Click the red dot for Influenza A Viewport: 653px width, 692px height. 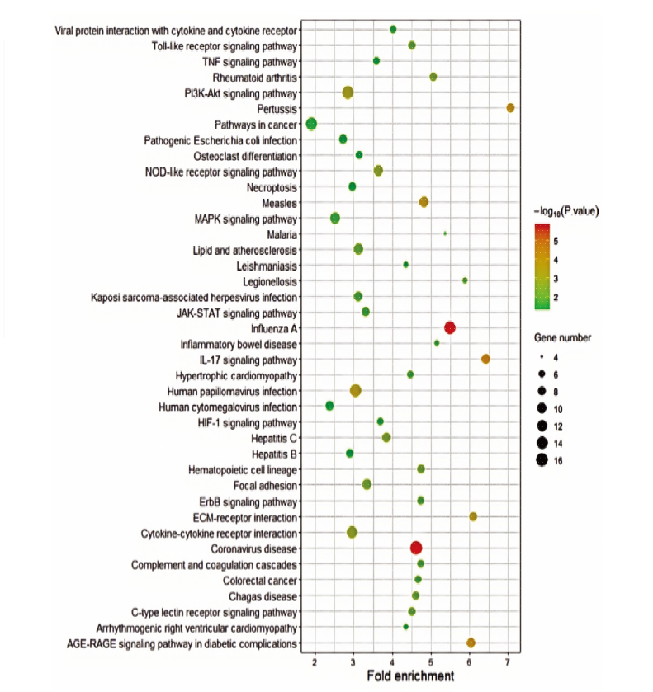449,328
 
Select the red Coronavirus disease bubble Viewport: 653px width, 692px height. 416,548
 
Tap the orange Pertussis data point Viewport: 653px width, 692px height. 510,108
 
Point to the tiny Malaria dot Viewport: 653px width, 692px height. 445,233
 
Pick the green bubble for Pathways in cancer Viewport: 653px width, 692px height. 311,124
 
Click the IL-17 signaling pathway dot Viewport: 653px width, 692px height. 485,360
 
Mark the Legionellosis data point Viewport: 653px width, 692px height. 465,280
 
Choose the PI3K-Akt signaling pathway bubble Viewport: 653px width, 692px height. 348,92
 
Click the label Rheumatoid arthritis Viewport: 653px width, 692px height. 255,78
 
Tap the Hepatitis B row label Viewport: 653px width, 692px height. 274,454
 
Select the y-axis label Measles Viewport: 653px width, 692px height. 279,204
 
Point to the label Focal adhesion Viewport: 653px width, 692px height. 265,486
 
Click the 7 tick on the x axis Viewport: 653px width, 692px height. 507,662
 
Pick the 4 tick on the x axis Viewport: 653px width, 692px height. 392,662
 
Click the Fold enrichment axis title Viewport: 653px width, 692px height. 410,676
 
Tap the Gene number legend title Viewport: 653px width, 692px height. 562,338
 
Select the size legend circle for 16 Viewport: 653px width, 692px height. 542,460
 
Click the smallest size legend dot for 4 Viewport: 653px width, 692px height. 542,357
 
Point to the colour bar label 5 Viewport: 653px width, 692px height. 556,242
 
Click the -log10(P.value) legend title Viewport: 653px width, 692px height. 566,212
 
